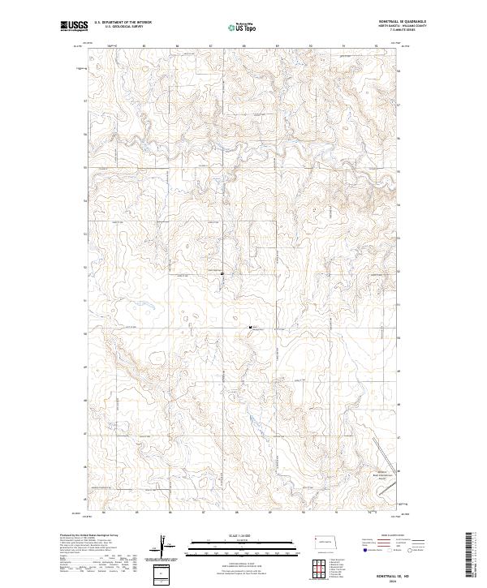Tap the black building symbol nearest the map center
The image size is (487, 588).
tap(251, 326)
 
